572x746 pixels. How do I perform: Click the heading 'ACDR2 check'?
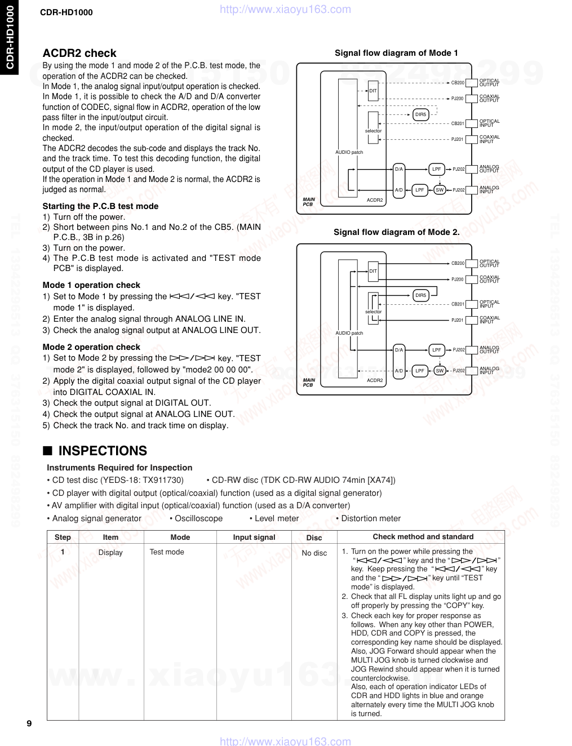pos(79,54)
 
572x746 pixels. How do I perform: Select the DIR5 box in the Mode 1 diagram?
pos(421,114)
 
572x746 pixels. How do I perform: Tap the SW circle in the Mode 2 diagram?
pos(440,371)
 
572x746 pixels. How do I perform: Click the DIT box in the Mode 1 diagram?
pos(373,90)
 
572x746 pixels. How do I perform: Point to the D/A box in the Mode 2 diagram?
pos(399,350)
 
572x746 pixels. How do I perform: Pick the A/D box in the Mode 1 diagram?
pos(399,190)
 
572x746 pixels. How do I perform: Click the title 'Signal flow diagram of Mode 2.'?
pos(396,232)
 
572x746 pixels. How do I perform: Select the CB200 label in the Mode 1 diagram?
pos(458,83)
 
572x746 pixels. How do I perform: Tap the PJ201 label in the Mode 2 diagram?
pos(458,320)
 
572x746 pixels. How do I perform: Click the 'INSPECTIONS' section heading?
pos(103,451)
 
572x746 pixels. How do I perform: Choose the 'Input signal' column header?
pos(254,538)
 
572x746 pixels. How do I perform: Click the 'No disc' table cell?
pos(314,553)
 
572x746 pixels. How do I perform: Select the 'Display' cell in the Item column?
pos(110,553)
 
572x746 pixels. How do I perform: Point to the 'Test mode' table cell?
pos(167,552)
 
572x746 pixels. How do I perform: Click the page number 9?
pos(29,723)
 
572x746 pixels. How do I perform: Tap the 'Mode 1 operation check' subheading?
pos(91,285)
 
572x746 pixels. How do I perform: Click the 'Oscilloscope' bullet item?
pos(198,518)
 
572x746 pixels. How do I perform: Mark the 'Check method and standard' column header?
pos(423,537)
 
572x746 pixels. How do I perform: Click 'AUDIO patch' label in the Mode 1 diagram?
pos(349,152)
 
